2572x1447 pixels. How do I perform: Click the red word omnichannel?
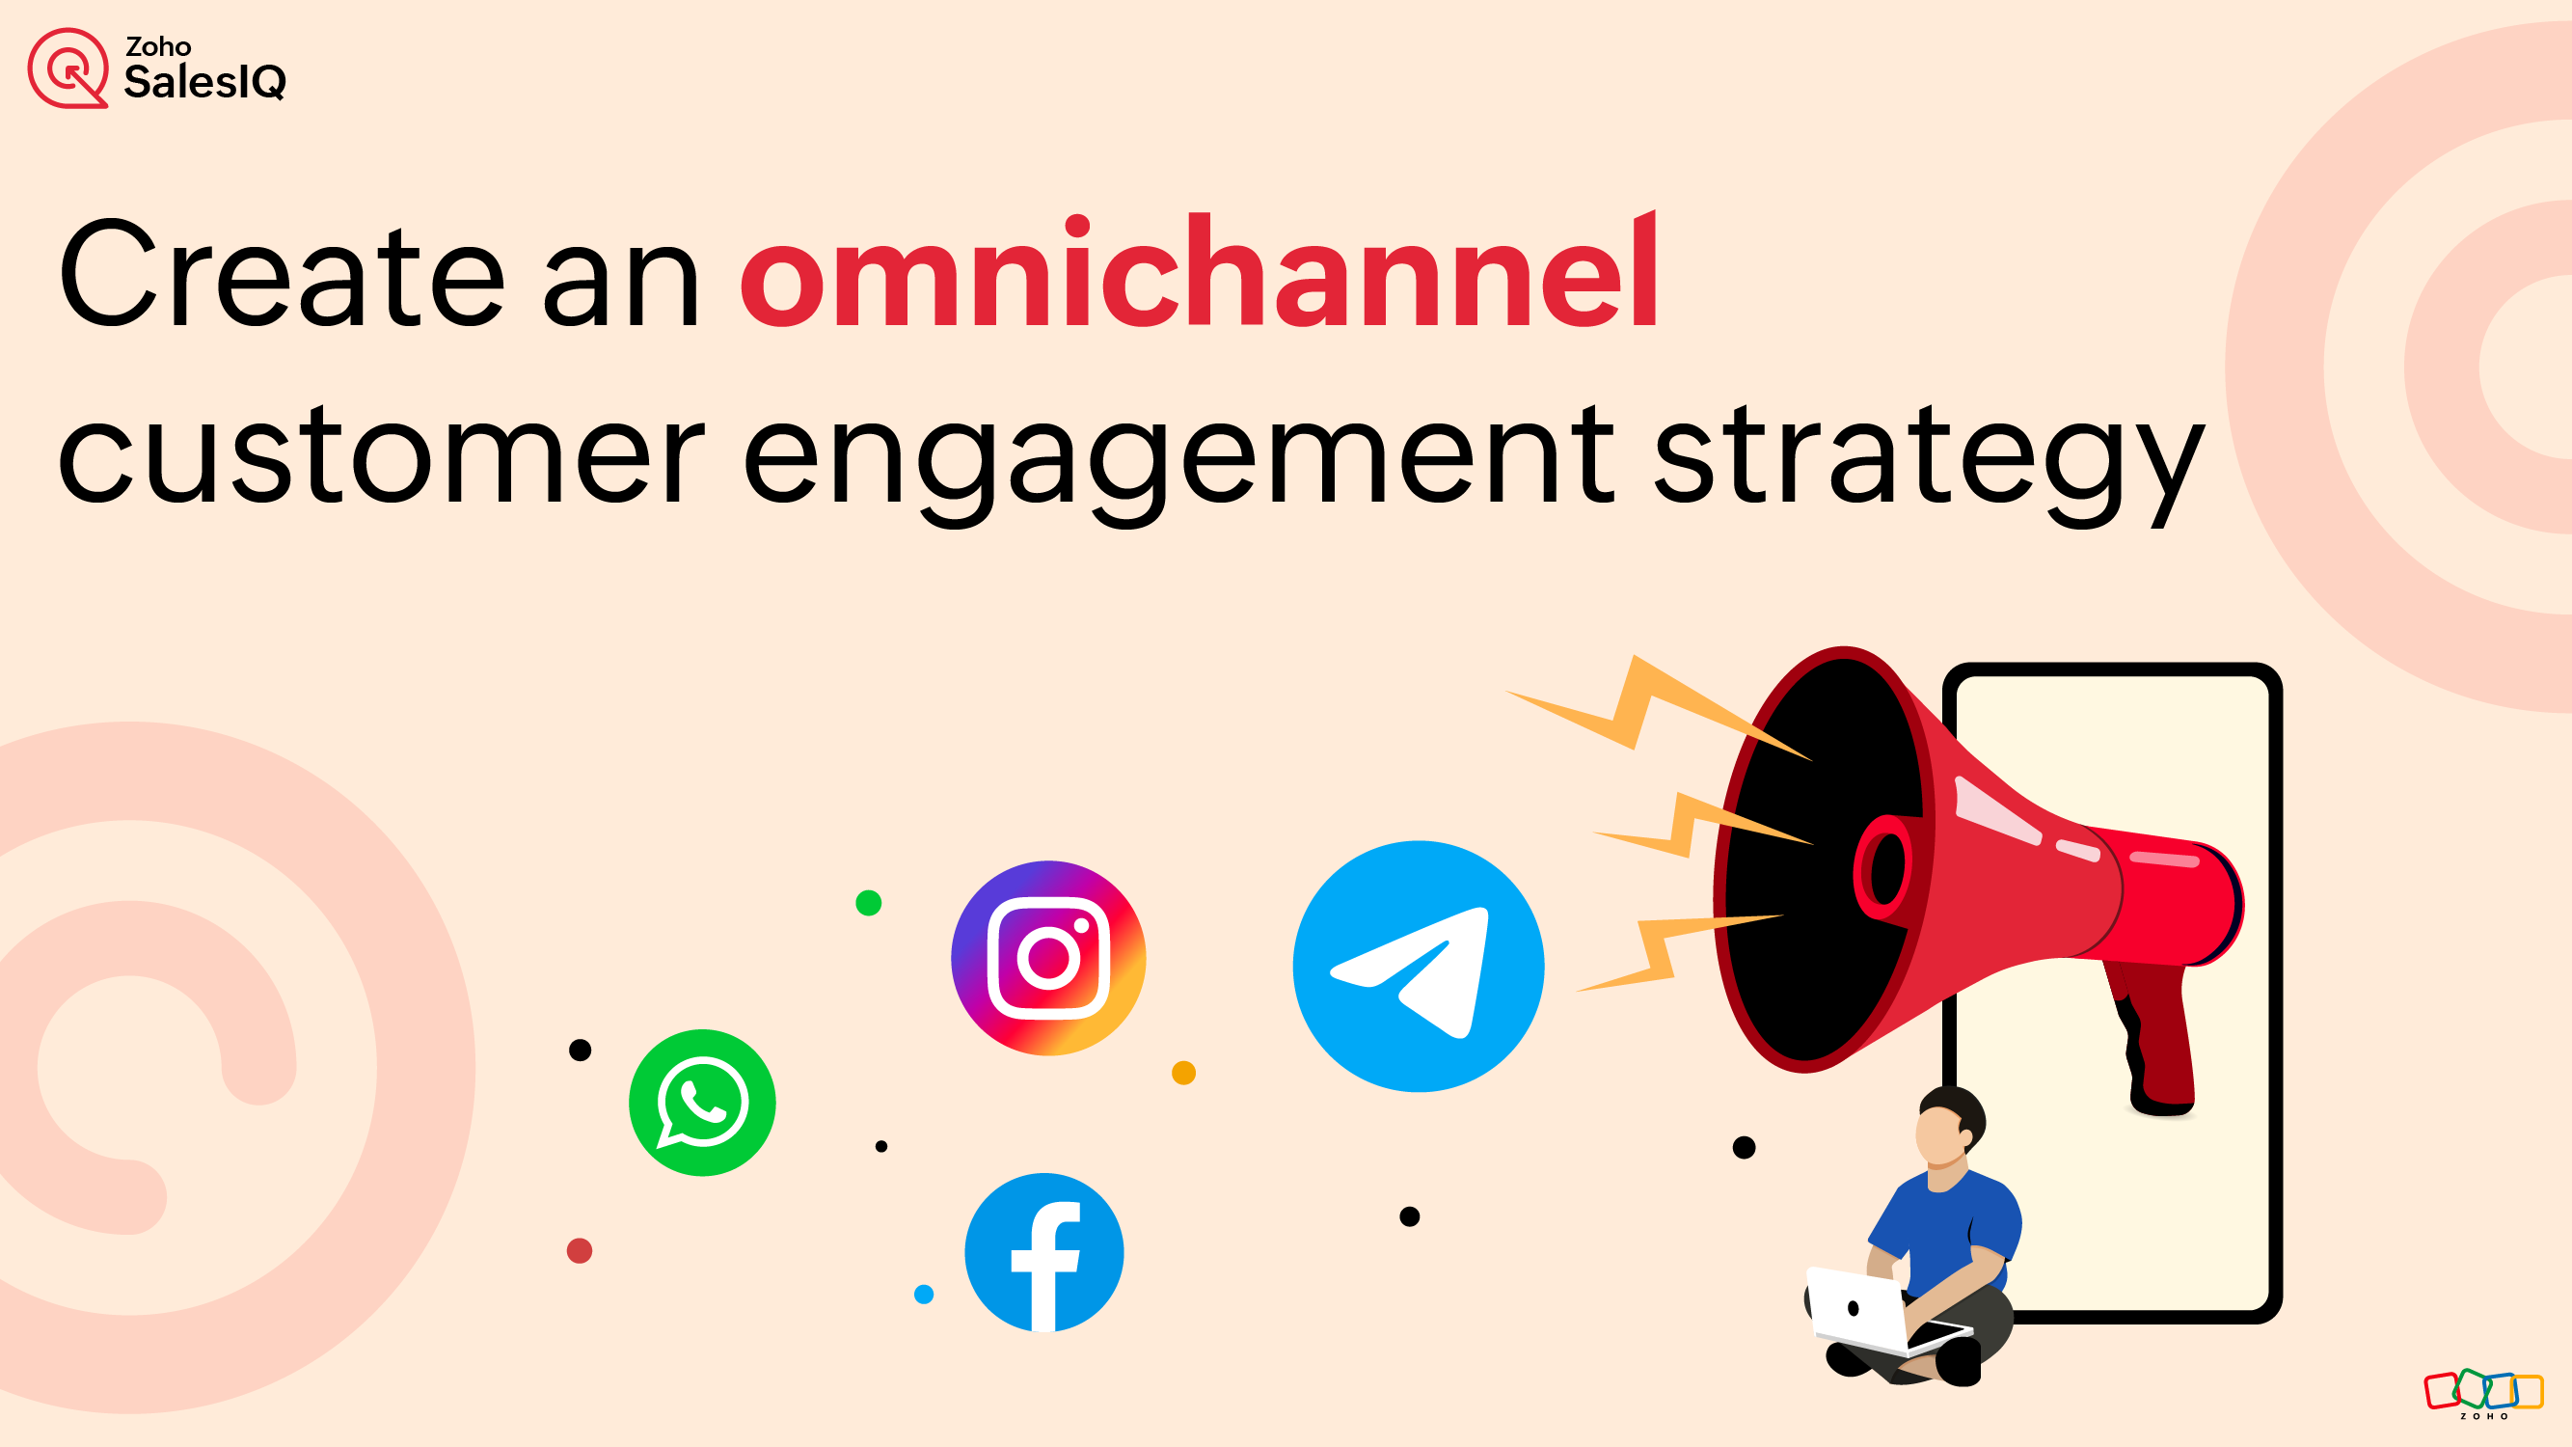tap(1198, 275)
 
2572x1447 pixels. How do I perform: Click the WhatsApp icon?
tap(702, 1103)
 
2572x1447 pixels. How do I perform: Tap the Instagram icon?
tap(1048, 958)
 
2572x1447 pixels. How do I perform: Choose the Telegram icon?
tap(1418, 966)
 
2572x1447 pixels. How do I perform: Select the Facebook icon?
tap(1044, 1252)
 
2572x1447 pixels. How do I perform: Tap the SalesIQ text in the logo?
tap(204, 82)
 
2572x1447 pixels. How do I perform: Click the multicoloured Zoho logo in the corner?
tap(2483, 1392)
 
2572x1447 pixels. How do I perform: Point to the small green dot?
tap(869, 903)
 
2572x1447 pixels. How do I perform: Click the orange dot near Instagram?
tap(1183, 1073)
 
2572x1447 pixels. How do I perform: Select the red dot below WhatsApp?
tap(579, 1250)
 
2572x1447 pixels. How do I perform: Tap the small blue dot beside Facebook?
tap(924, 1295)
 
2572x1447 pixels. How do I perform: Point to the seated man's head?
tap(1947, 1129)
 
